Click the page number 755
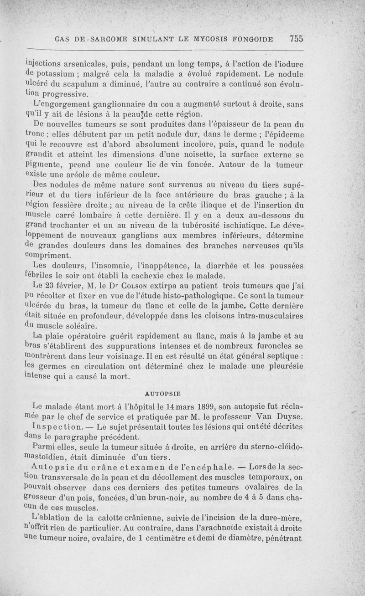(296, 38)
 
